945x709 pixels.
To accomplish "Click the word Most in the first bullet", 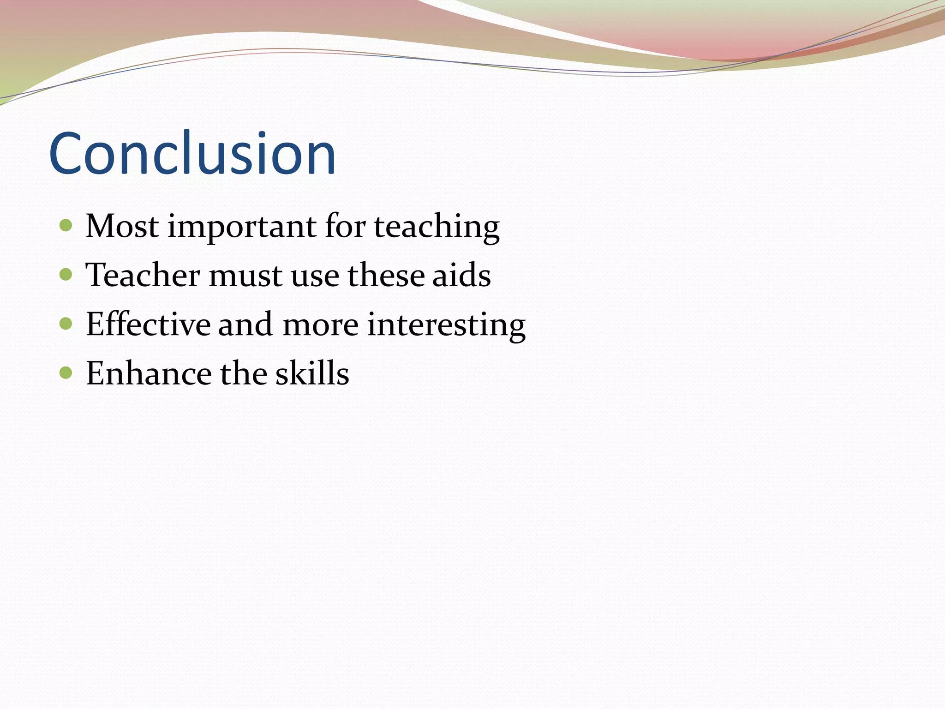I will (122, 226).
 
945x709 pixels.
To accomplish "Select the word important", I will (242, 227).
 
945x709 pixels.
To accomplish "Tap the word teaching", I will (437, 227).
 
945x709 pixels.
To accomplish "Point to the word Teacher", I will (143, 275).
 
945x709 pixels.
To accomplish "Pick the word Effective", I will (148, 324).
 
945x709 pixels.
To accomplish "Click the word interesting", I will (446, 325).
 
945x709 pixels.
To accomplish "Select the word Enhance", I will (149, 373).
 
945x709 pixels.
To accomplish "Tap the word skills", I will (312, 373).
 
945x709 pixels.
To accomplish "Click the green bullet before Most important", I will (66, 226).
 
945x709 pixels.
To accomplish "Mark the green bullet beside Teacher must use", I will (66, 275).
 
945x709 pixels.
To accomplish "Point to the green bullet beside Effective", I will (66, 324).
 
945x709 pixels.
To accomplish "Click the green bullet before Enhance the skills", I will (66, 373).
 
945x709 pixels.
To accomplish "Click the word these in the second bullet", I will (386, 275).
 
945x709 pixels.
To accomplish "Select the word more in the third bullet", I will (320, 325).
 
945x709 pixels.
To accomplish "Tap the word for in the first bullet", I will (345, 226).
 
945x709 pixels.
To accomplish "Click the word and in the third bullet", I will (245, 324).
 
